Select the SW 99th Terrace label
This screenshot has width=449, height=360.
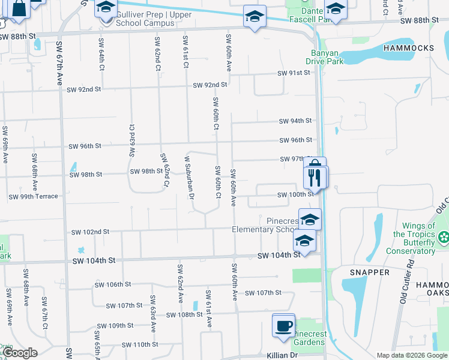(33, 196)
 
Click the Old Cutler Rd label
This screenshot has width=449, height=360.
(411, 282)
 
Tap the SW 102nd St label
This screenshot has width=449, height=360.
(90, 232)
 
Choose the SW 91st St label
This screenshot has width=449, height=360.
(294, 73)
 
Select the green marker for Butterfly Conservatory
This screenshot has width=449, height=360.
(444, 238)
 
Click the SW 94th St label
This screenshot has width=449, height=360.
(295, 121)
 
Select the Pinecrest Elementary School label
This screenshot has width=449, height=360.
(264, 225)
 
